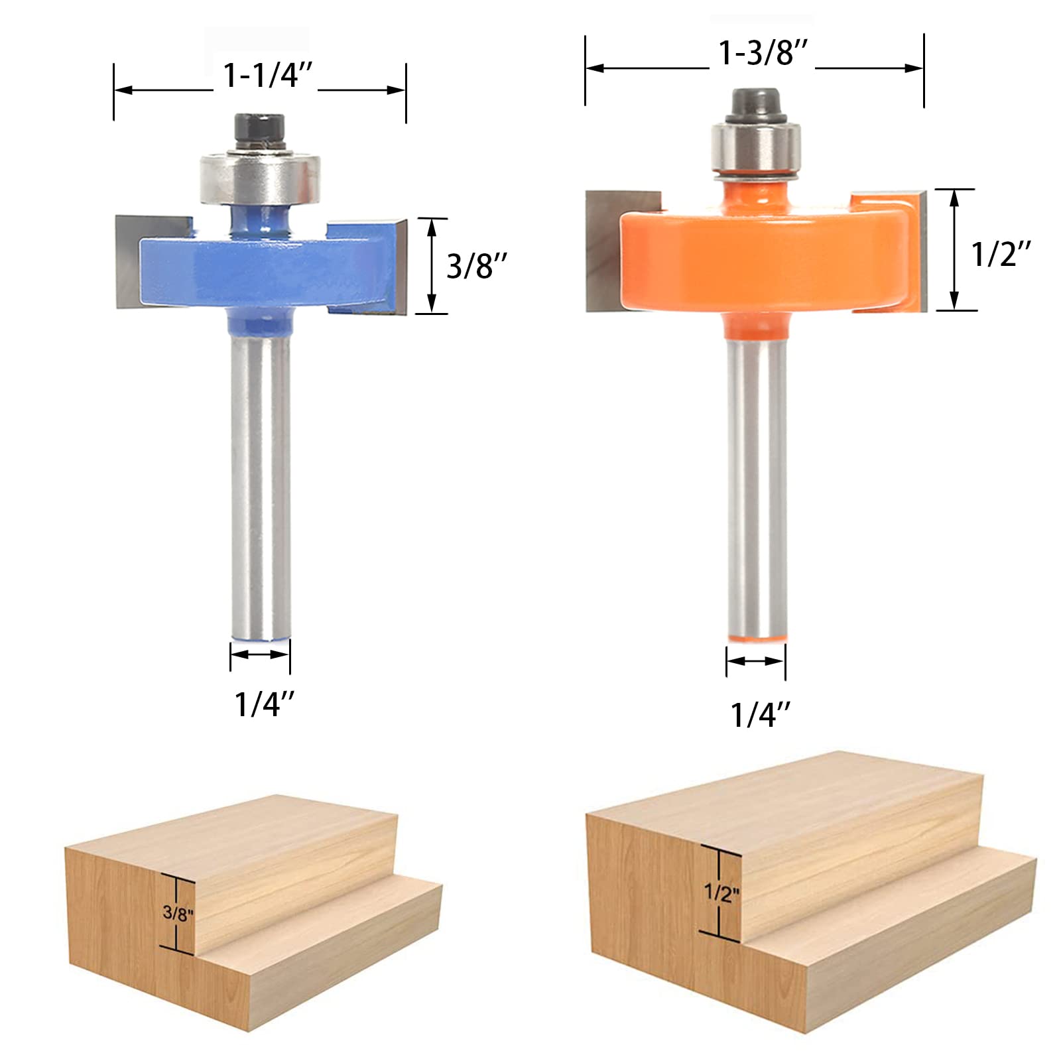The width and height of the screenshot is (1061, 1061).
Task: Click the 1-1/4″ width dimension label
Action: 267,75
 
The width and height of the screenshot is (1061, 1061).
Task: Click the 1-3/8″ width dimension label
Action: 763,53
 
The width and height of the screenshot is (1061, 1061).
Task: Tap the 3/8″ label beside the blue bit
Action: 477,266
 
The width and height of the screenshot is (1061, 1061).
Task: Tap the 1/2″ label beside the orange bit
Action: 1001,253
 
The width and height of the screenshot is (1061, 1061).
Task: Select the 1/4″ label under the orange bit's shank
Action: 760,715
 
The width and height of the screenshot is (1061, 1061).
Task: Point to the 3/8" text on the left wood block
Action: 178,913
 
